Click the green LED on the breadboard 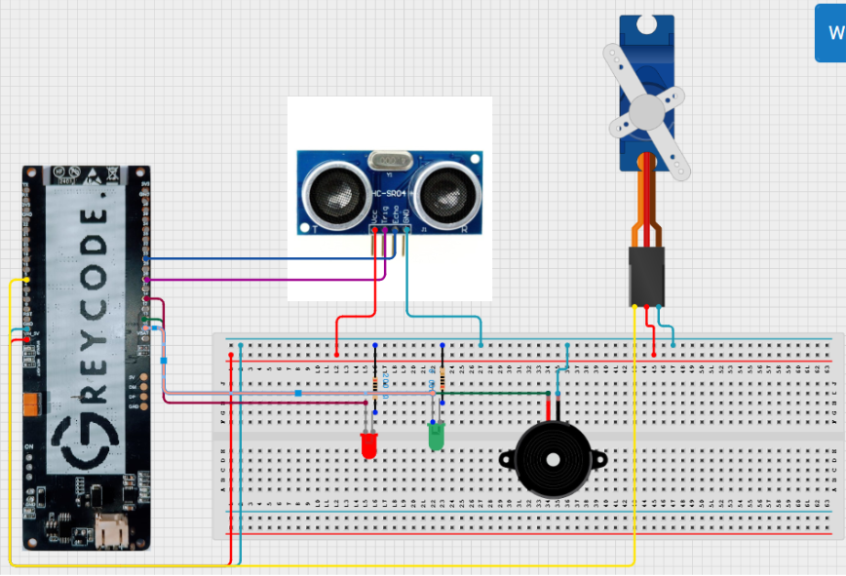(436, 438)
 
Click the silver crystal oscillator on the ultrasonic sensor (390, 160)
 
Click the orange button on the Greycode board (31, 403)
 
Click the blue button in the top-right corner (831, 32)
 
